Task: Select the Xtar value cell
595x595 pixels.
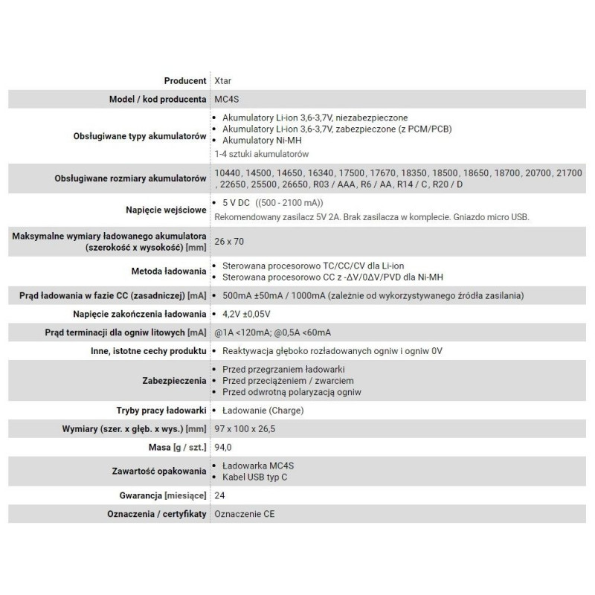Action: pyautogui.click(x=222, y=80)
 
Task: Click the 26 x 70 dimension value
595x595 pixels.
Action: pyautogui.click(x=229, y=241)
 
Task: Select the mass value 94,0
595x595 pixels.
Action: pyautogui.click(x=224, y=448)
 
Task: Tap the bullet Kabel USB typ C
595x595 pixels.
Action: pyautogui.click(x=260, y=477)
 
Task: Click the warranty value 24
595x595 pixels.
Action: pyautogui.click(x=219, y=495)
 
